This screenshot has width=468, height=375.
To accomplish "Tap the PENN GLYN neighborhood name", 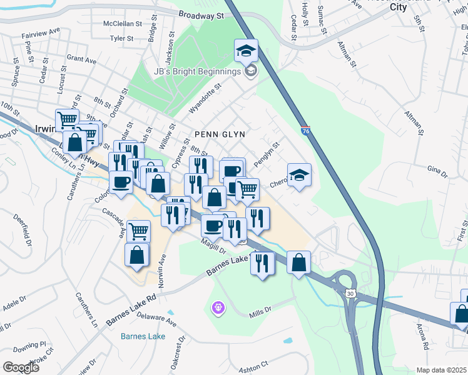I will coord(219,134).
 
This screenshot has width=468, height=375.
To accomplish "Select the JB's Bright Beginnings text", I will coord(197,71).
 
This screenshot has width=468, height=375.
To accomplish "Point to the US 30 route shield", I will coord(349,293).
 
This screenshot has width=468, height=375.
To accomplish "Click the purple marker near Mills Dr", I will coord(218,307).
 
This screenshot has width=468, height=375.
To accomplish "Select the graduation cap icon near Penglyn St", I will coord(299,175).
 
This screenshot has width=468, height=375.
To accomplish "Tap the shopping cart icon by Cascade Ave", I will coord(138,231).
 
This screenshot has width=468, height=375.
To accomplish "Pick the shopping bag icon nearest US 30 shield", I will coord(299,262).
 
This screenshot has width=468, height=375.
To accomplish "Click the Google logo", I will coord(21,367).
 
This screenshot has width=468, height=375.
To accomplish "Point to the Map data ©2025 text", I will coord(441,370).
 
